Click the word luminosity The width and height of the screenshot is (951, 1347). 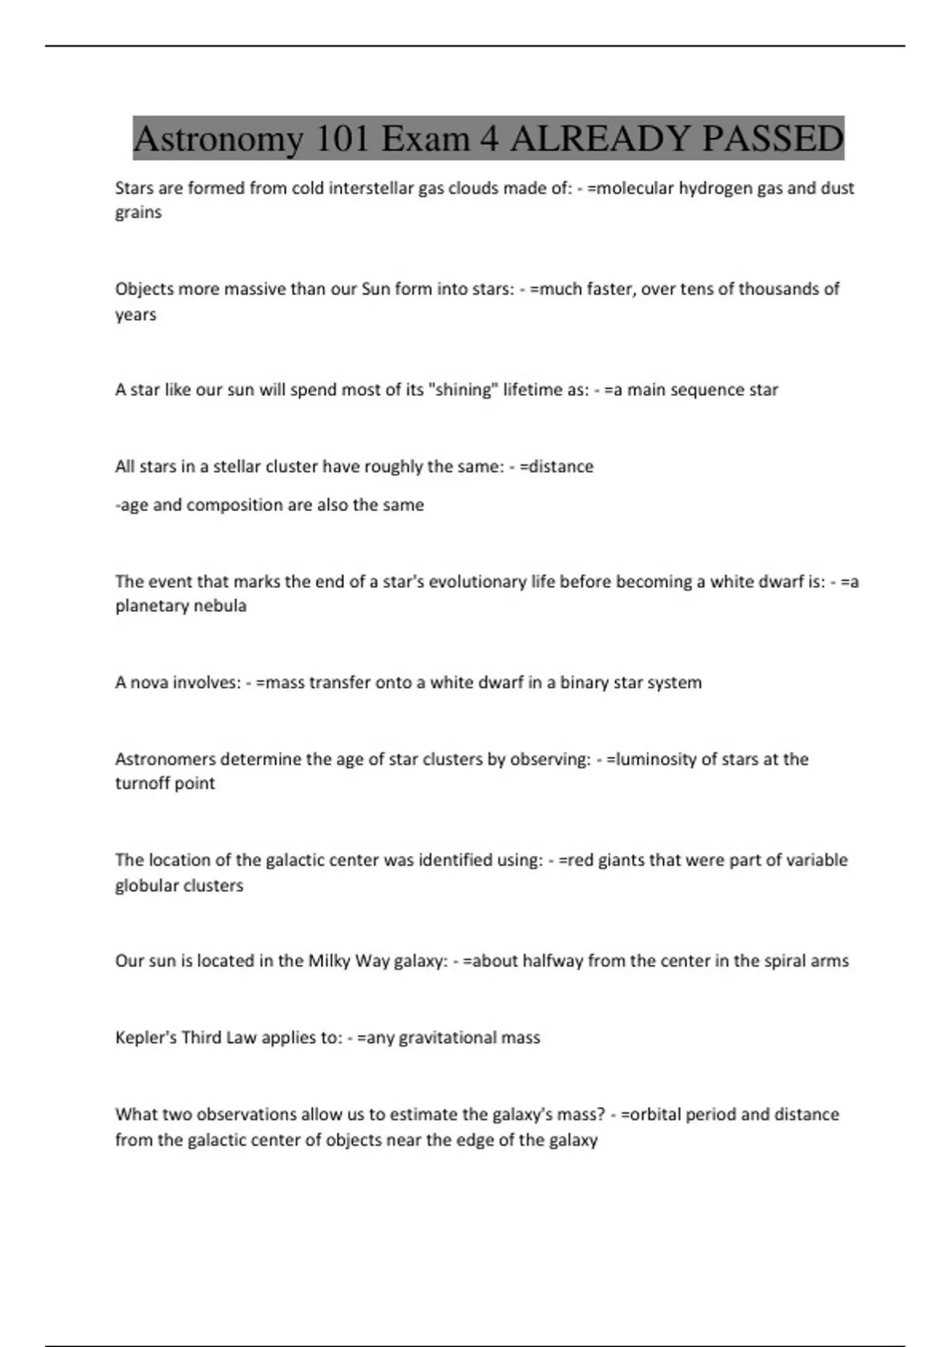655,759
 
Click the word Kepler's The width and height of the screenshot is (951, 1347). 146,1038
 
